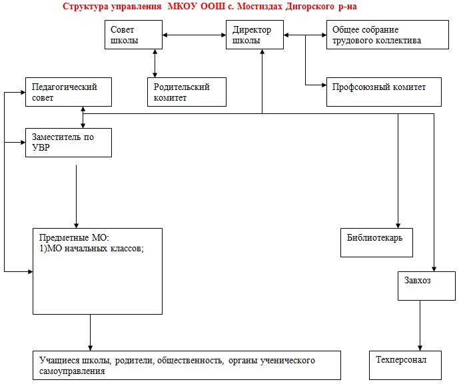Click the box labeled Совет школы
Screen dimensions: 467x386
[133, 35]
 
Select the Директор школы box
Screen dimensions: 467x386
[254, 35]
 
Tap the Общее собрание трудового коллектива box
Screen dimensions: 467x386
[388, 35]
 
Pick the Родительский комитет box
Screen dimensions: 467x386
[187, 92]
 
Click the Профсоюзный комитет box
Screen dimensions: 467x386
[384, 92]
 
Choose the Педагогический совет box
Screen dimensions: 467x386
[69, 92]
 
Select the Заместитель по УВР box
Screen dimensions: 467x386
[69, 143]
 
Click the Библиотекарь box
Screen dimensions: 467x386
[376, 243]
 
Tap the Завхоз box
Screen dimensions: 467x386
[426, 286]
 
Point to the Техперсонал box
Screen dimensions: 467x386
[405, 365]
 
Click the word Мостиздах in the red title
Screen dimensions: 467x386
[259, 6]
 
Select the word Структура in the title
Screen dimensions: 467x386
[85, 6]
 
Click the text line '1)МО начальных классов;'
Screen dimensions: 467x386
[91, 248]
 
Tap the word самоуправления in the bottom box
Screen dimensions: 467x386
[72, 371]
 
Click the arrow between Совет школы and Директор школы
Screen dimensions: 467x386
[194, 35]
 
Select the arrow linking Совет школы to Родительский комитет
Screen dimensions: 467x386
[155, 63]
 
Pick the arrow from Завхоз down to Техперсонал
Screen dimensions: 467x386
[420, 325]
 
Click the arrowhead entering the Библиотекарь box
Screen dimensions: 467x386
[398, 225]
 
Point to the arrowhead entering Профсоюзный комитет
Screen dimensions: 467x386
[324, 85]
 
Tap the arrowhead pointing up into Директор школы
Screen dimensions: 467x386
[262, 52]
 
